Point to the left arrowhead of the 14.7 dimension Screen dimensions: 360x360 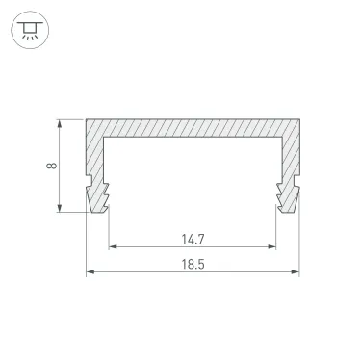click(x=111, y=246)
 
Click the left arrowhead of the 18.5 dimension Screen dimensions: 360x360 click(x=90, y=272)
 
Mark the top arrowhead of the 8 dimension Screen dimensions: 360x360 click(x=64, y=123)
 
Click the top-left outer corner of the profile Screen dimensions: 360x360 click(x=87, y=120)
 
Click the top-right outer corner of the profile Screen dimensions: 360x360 click(x=298, y=120)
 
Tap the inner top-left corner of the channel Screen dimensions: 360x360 click(x=106, y=139)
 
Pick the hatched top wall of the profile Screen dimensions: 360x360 click(x=193, y=129)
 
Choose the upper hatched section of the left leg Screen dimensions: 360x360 click(x=95, y=154)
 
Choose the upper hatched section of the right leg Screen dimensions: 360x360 click(x=289, y=154)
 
